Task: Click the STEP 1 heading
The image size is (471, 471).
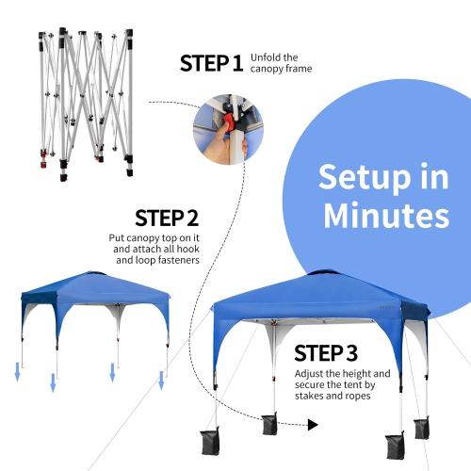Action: [x=211, y=64]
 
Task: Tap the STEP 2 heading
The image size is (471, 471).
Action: [x=167, y=219]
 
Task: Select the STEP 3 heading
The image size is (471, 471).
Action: [x=326, y=353]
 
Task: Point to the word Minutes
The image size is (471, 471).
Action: [x=386, y=215]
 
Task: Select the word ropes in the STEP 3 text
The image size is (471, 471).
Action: [x=356, y=396]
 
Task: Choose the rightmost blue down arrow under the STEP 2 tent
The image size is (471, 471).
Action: [x=161, y=381]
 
